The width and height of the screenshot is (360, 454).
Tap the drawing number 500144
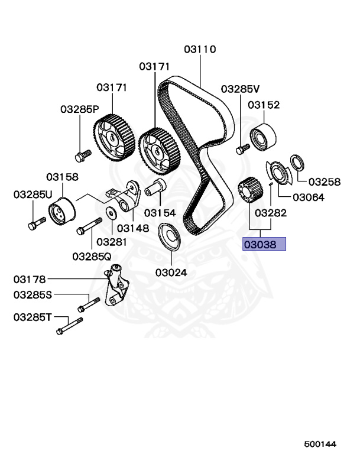pyautogui.click(x=322, y=443)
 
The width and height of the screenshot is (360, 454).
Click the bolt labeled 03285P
pyautogui.click(x=81, y=155)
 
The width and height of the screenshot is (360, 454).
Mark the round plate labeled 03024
pyautogui.click(x=171, y=238)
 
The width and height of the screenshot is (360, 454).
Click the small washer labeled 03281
pyautogui.click(x=111, y=213)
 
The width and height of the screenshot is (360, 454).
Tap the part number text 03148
pyautogui.click(x=132, y=228)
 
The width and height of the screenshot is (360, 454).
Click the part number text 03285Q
pyautogui.click(x=92, y=257)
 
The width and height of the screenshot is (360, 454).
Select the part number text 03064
pyautogui.click(x=309, y=197)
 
